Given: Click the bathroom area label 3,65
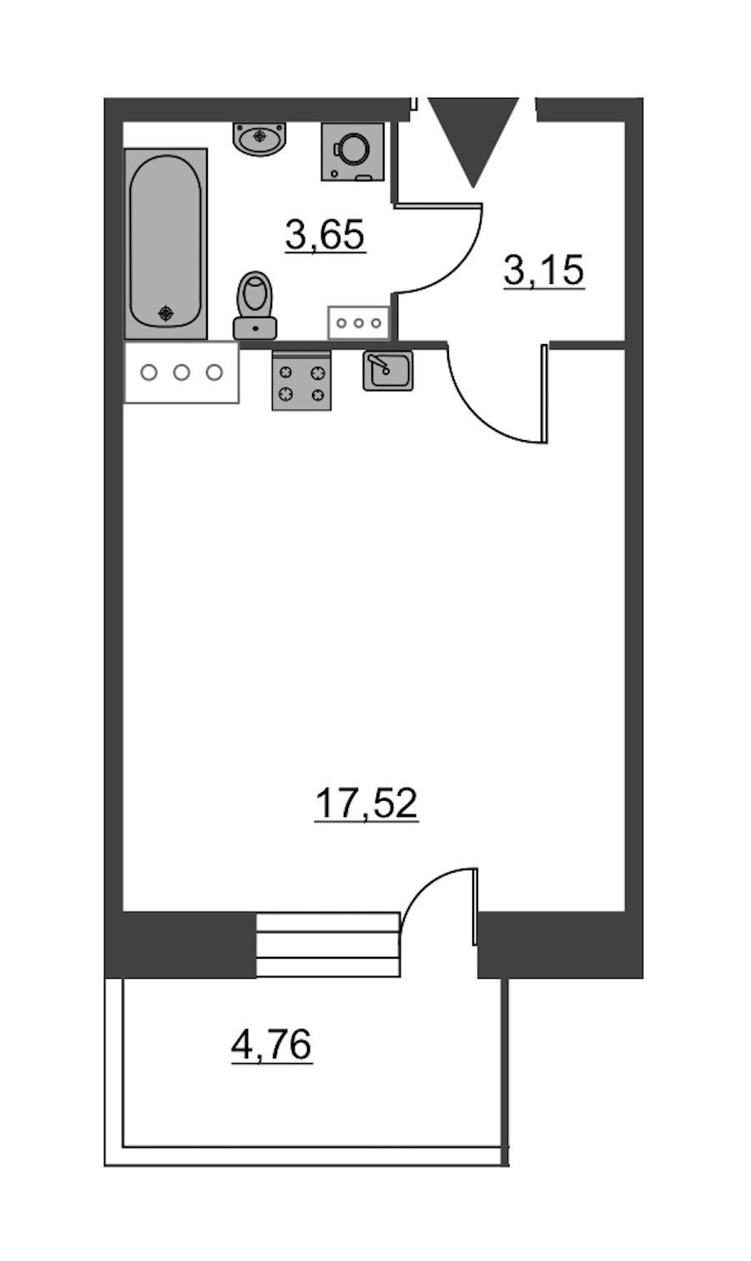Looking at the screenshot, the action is coord(325,235).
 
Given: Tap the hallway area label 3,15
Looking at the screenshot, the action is coord(543,271).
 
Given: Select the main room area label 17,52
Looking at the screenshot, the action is coord(366,803).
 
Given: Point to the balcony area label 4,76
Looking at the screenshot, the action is coord(272,1045).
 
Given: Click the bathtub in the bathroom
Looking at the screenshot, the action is coord(166,244).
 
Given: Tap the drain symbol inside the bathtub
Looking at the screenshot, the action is coord(166,312).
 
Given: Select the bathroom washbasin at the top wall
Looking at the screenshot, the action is coord(260,138).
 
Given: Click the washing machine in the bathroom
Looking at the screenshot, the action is coord(353,151).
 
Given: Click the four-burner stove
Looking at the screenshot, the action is coord(301,380).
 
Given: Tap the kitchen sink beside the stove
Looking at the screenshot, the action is coord(388,371).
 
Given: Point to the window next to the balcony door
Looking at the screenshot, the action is coord(328,944).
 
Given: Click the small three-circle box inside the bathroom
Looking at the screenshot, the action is coord(359,323).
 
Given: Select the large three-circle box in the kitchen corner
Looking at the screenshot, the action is coord(182,372).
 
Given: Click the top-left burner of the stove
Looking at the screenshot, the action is coord(286,372).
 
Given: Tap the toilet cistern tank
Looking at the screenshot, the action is coord(255,328).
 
